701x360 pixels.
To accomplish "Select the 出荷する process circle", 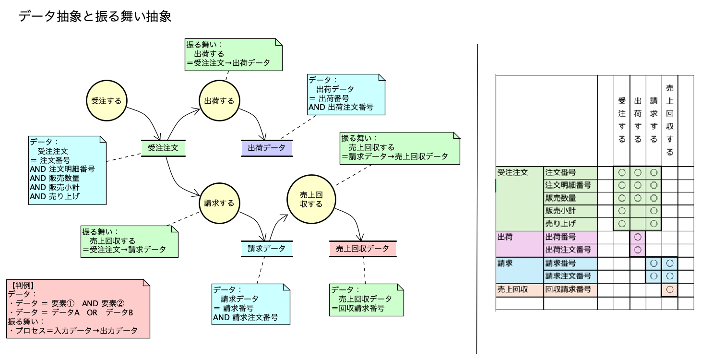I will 219,101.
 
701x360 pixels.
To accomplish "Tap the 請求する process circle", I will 219,203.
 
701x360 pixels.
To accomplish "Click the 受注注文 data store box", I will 163,148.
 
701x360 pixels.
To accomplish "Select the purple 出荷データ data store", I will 266,148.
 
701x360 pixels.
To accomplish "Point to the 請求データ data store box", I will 266,248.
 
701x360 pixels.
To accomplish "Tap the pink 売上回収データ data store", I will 362,248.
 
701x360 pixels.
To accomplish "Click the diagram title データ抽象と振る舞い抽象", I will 95,17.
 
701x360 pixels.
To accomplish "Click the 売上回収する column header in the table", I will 670,120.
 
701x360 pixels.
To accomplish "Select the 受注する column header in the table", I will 622,120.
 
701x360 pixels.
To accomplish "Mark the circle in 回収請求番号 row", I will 670,289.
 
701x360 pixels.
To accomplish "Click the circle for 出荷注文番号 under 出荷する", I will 638,250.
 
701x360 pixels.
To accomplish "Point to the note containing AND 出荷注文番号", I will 346,95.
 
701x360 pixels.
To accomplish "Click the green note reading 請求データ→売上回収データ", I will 400,148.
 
